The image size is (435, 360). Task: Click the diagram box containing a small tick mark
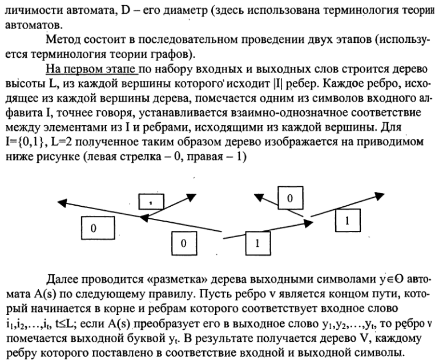(152, 200)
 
